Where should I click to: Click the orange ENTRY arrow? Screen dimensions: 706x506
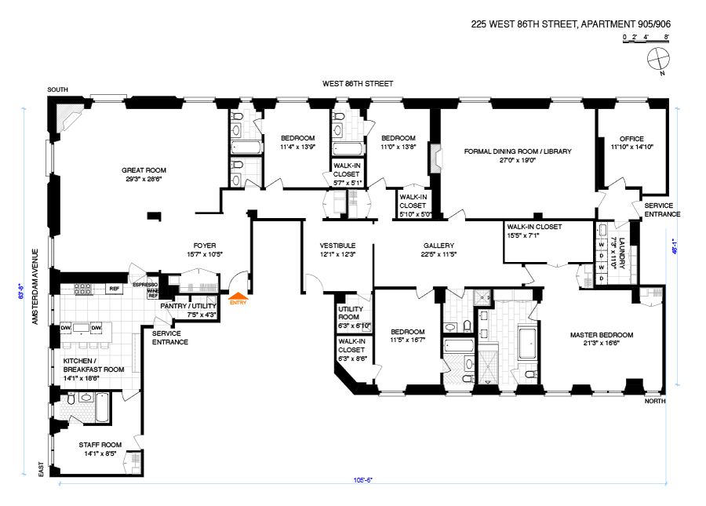pos(238,296)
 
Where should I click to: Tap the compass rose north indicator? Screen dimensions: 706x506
pos(659,60)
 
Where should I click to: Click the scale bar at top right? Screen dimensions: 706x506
pos(646,39)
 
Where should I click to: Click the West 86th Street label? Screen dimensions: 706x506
pos(358,84)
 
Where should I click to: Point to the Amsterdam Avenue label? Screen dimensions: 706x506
pos(35,287)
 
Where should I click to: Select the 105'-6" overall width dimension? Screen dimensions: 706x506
pos(362,480)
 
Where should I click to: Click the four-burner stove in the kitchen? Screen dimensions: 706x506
pos(83,289)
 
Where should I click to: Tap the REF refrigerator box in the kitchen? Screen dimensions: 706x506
pos(115,289)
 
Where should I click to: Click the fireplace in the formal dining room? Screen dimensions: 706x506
pos(436,158)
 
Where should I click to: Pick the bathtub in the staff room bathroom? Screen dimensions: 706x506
pos(102,407)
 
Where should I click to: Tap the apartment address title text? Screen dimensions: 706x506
pos(570,24)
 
